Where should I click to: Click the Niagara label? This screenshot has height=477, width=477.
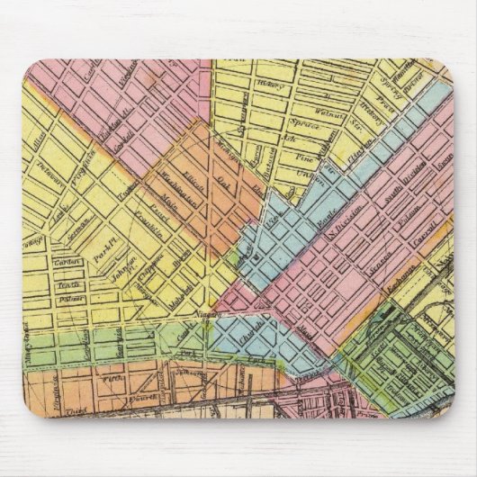211,316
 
